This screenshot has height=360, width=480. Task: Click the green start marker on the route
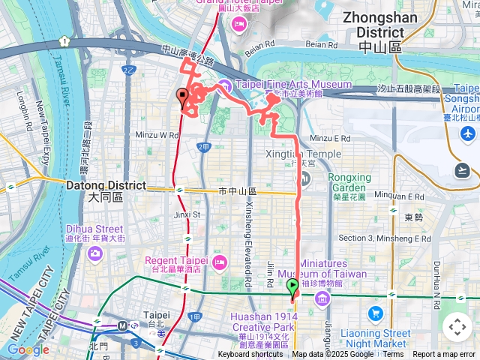point(292,287)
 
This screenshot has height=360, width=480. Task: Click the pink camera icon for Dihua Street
point(95,253)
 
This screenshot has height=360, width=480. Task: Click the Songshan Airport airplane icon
point(469,133)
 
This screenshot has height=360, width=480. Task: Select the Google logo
point(28,349)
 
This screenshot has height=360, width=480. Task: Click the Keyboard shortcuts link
point(250,355)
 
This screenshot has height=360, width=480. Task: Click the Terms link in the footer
point(393,355)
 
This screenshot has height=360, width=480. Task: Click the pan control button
point(457,327)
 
